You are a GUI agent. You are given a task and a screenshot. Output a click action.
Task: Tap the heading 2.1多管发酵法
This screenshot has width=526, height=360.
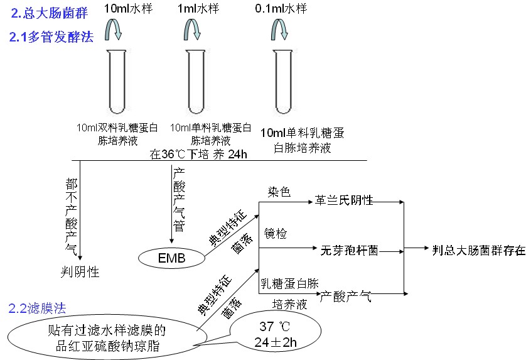click(51, 37)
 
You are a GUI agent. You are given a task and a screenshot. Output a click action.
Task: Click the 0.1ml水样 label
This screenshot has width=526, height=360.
click(281, 9)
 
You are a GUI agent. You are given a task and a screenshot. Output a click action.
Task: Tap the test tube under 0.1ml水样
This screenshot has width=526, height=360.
click(281, 78)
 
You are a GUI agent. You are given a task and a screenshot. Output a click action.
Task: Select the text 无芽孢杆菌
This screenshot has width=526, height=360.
click(350, 249)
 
